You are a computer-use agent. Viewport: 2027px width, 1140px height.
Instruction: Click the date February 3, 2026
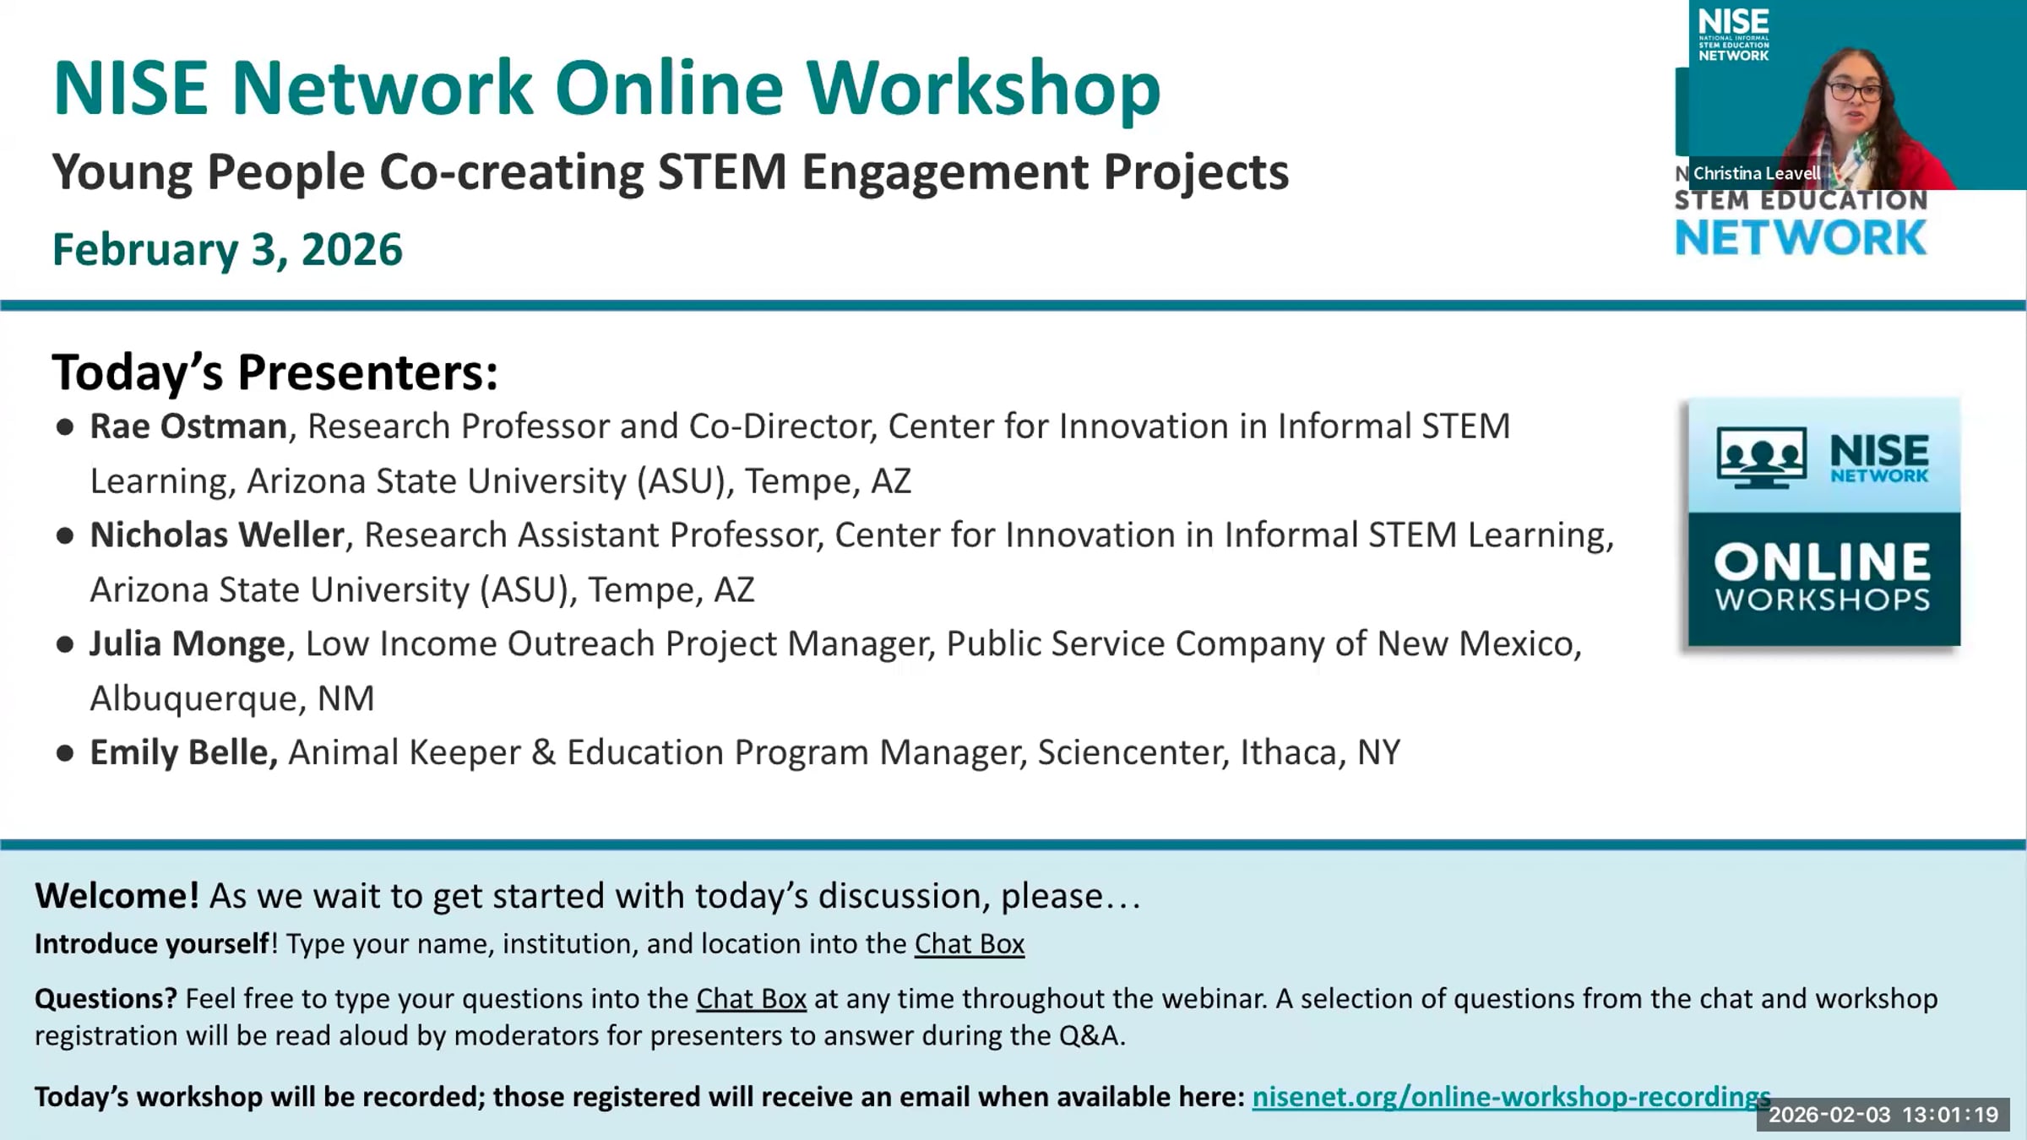point(227,250)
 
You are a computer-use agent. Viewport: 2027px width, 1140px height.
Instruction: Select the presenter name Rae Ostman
point(188,426)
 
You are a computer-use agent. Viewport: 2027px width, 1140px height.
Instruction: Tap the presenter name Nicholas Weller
point(217,535)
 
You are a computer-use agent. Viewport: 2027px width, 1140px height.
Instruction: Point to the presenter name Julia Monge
point(187,644)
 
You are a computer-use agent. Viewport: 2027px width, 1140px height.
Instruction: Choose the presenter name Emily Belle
point(183,752)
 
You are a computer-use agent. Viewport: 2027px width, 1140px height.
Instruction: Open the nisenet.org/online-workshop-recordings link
point(1511,1097)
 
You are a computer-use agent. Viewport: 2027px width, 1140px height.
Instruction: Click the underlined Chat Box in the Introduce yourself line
point(970,943)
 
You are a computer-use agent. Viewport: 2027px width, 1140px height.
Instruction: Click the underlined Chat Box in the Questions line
point(751,999)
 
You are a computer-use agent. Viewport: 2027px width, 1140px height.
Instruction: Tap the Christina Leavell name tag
point(1757,173)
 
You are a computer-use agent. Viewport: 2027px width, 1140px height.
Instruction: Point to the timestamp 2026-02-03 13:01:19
point(1883,1115)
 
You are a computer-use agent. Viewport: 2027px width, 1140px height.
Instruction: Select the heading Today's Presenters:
point(275,372)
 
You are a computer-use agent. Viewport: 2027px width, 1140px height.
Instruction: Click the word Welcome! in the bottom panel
point(117,896)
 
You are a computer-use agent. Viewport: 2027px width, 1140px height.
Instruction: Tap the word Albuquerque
point(198,699)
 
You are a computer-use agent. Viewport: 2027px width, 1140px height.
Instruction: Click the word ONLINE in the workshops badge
point(1823,562)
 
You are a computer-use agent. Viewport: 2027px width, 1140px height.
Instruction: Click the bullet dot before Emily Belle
point(65,753)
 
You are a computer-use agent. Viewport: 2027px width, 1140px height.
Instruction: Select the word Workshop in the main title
point(984,90)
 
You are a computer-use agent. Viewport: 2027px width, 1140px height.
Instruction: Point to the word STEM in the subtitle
point(722,171)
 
